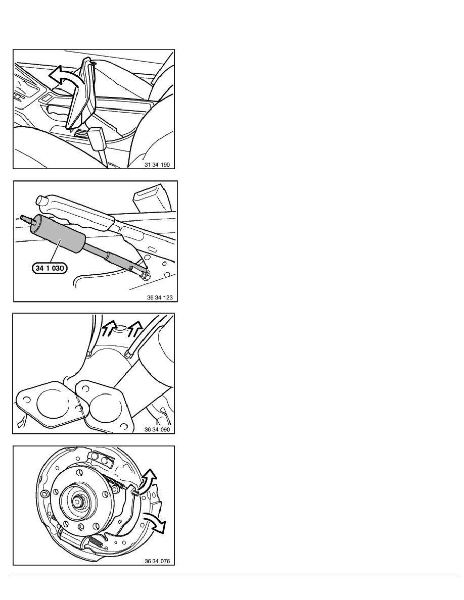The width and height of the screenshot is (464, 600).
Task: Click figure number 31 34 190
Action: (x=157, y=165)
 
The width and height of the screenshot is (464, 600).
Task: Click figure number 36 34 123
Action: (x=160, y=297)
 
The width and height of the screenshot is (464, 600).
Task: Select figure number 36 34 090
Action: (x=157, y=429)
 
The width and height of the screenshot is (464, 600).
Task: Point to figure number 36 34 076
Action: (x=157, y=561)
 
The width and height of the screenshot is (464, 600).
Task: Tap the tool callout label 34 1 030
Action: (x=50, y=268)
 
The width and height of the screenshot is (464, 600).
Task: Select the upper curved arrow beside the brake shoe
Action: (x=149, y=481)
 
